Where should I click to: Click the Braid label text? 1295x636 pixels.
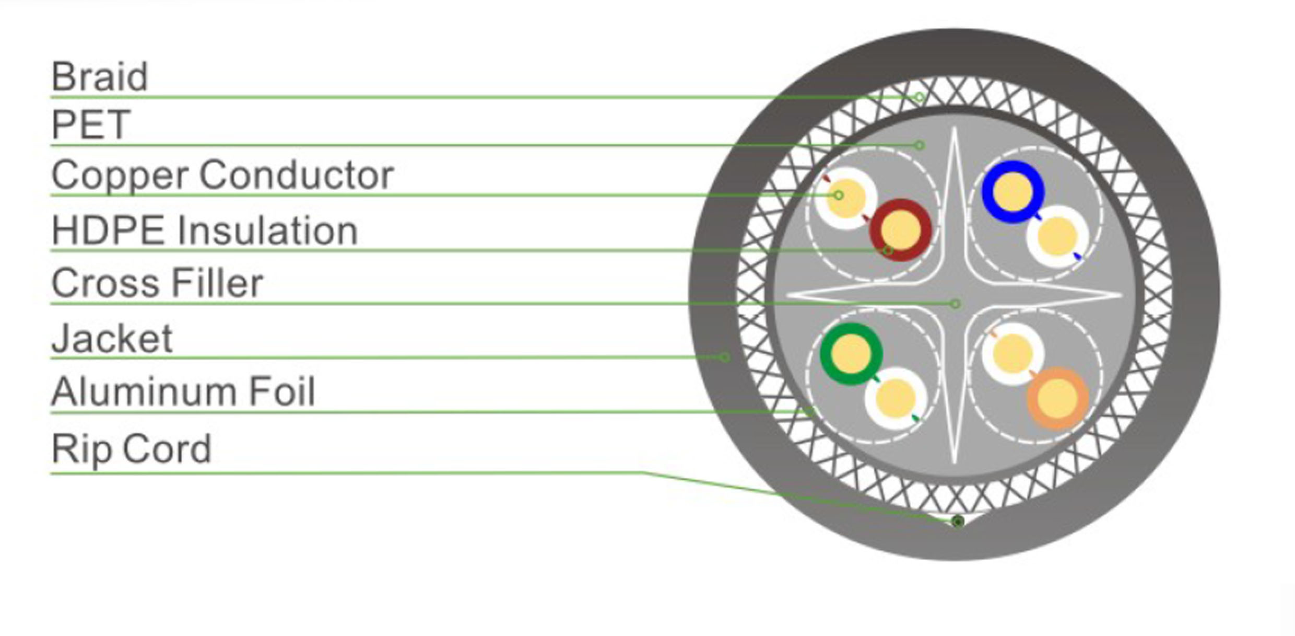tap(99, 77)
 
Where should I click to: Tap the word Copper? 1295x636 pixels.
tap(120, 175)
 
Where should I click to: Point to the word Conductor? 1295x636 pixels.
tap(296, 175)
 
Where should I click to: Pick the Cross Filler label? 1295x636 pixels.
tap(157, 283)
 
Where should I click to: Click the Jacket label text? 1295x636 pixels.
tap(112, 339)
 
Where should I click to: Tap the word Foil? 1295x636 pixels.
tap(281, 391)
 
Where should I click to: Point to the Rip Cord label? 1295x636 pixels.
tap(131, 448)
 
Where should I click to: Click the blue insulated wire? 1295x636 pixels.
tap(1013, 192)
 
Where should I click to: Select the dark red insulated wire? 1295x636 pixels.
tap(900, 230)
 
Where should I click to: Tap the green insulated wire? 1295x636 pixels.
tap(851, 354)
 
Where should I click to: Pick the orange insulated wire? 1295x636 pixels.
tap(1057, 398)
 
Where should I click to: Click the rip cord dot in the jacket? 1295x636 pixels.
tap(958, 521)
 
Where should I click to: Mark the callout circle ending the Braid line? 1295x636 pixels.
tap(919, 97)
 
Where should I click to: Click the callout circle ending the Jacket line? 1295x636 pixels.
tap(724, 357)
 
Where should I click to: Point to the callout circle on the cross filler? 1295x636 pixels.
tap(955, 304)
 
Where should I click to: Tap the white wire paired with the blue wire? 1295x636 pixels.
tap(1057, 237)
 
